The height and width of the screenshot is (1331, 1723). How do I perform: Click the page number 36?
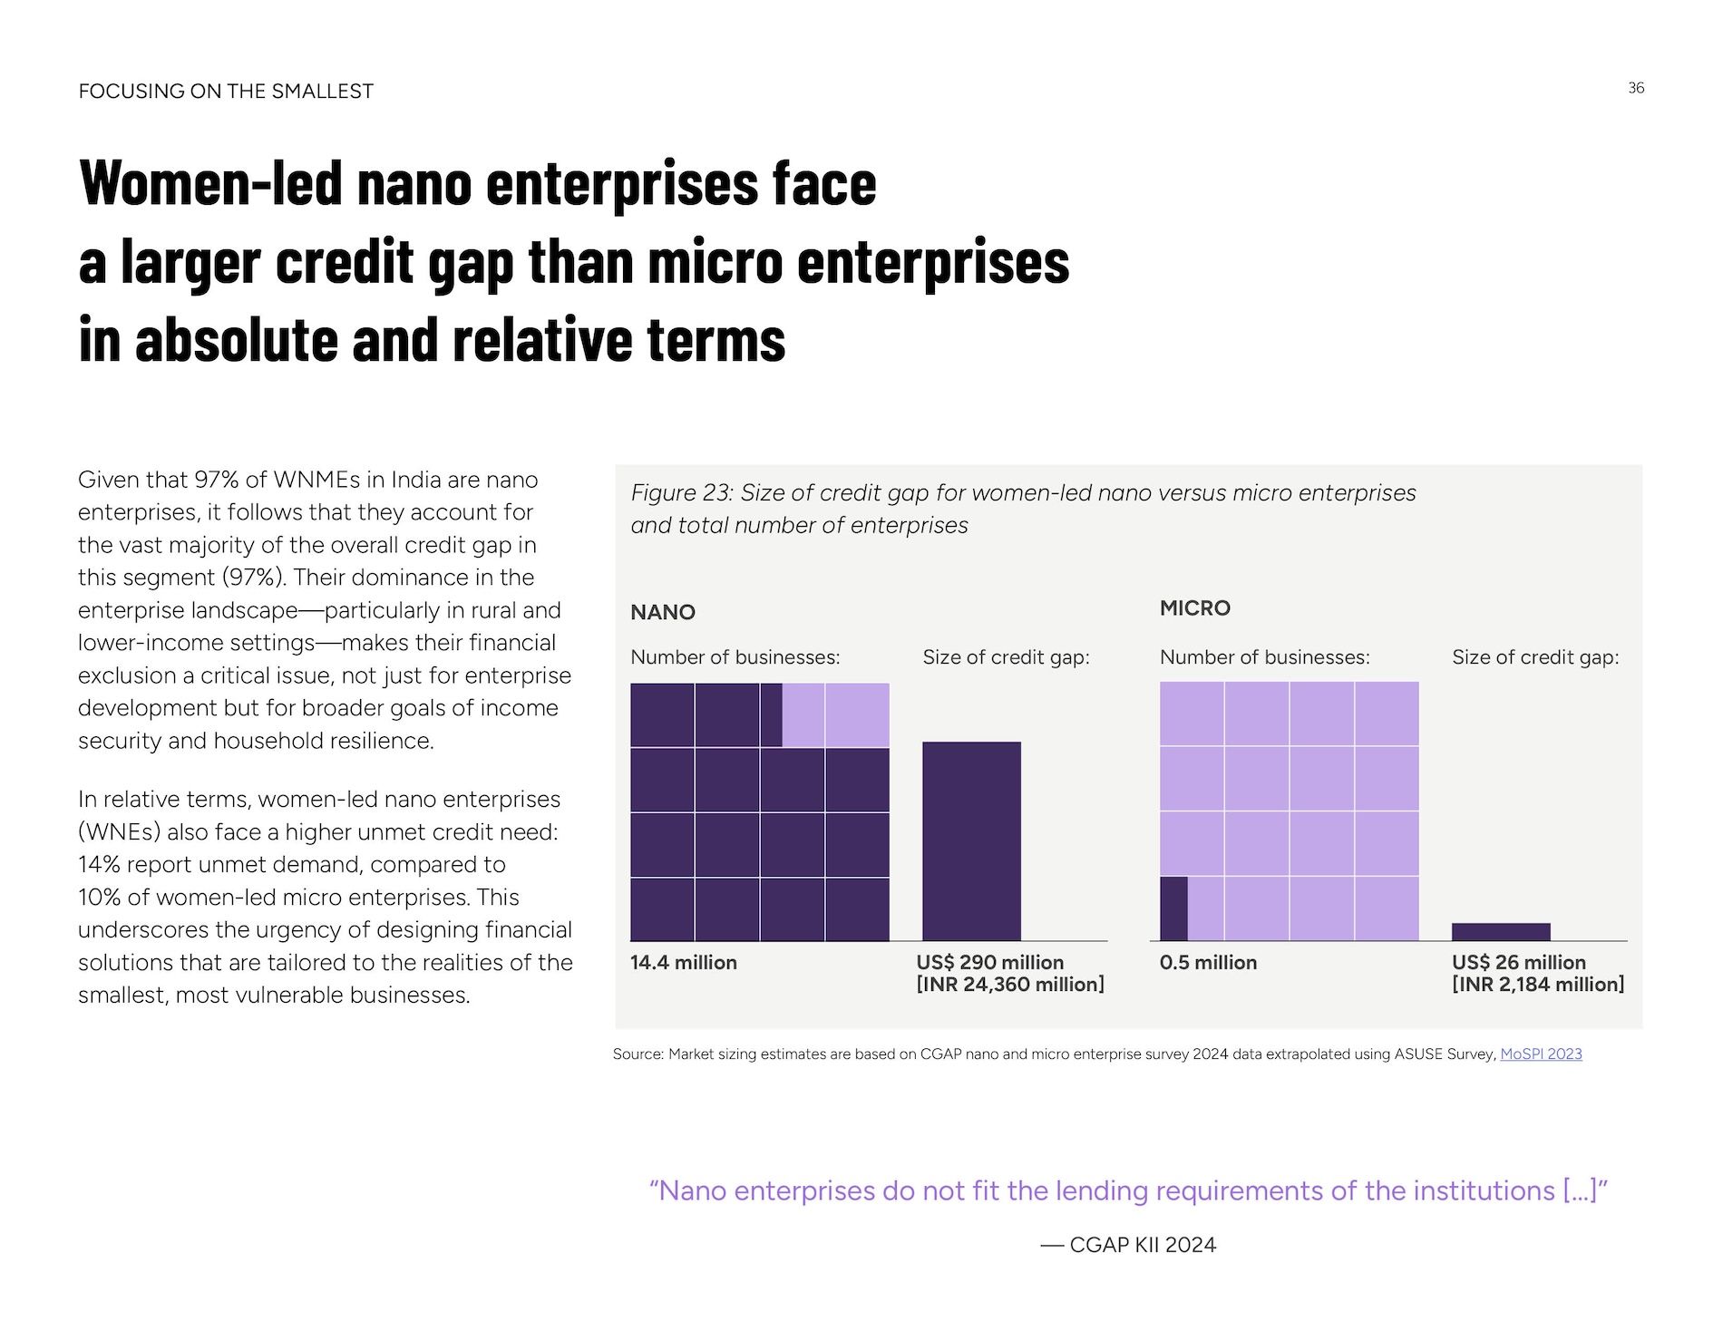pyautogui.click(x=1636, y=88)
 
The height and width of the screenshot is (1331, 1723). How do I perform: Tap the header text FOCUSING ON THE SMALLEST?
pyautogui.click(x=226, y=92)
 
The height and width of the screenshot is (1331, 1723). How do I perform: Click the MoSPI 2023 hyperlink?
pyautogui.click(x=1541, y=1054)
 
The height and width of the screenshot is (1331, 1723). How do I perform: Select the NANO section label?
pyautogui.click(x=663, y=612)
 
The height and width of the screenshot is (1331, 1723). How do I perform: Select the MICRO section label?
pyautogui.click(x=1195, y=607)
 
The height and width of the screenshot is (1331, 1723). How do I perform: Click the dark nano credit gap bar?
pyautogui.click(x=971, y=840)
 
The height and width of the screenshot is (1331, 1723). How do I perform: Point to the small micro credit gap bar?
pyautogui.click(x=1501, y=932)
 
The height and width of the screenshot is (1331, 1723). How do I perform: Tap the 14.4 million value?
pyautogui.click(x=684, y=962)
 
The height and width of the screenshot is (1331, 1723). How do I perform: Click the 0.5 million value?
pyautogui.click(x=1208, y=962)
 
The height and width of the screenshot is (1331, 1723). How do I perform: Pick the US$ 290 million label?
pyautogui.click(x=990, y=962)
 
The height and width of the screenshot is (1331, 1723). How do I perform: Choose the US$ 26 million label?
pyautogui.click(x=1519, y=962)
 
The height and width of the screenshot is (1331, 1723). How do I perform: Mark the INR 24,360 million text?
pyautogui.click(x=1010, y=985)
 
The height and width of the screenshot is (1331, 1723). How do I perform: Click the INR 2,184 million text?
pyautogui.click(x=1538, y=985)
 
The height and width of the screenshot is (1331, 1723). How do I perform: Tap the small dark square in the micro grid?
pyautogui.click(x=1173, y=908)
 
